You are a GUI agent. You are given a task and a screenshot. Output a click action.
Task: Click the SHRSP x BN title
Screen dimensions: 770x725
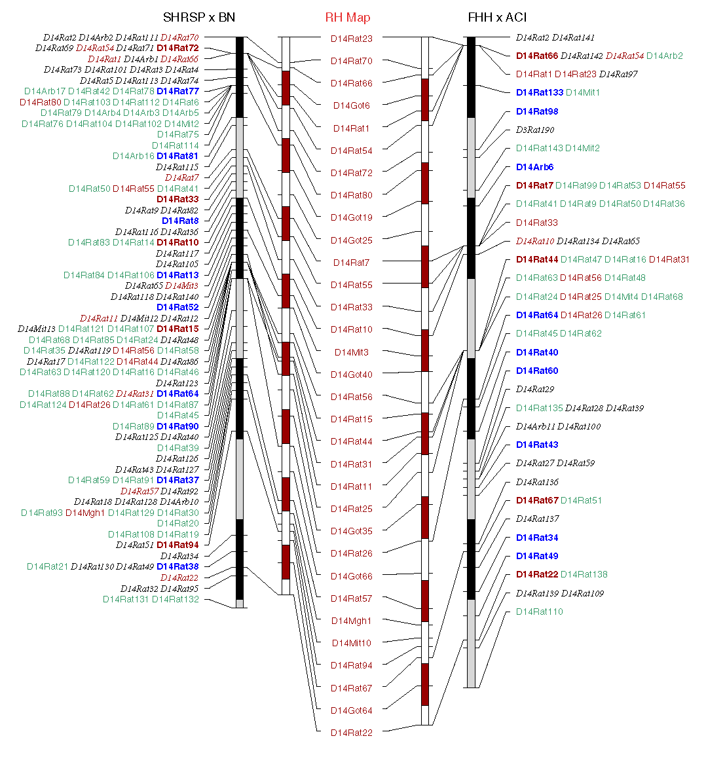click(199, 17)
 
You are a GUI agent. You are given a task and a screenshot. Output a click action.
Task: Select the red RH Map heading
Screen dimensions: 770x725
click(348, 18)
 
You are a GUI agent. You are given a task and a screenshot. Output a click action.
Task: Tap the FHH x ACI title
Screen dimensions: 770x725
click(497, 17)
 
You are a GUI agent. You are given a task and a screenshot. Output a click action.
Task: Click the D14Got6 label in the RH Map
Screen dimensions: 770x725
click(352, 105)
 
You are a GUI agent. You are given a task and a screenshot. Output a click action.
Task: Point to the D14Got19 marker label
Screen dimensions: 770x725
click(352, 217)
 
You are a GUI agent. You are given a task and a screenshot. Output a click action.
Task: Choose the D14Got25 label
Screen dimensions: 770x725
click(352, 240)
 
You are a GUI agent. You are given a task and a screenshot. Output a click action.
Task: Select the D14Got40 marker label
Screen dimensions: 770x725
click(352, 375)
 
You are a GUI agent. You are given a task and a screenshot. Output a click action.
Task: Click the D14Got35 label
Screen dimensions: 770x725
click(352, 531)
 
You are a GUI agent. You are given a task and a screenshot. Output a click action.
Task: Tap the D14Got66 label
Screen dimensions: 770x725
click(352, 576)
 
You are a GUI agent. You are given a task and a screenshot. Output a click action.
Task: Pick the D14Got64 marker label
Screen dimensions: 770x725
click(352, 710)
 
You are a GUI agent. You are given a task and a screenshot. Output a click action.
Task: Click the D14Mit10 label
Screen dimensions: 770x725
click(352, 643)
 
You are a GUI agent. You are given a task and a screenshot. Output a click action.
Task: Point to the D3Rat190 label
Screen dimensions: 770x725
click(535, 130)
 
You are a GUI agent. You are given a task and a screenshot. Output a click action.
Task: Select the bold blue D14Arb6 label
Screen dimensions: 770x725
click(534, 167)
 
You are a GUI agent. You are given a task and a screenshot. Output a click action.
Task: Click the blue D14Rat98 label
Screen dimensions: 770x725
click(537, 111)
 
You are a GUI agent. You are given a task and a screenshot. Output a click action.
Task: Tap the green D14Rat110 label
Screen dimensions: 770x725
click(540, 612)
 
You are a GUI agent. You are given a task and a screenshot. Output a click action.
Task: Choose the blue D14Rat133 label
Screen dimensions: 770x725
click(540, 92)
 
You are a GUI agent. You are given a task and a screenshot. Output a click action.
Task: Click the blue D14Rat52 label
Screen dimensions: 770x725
click(177, 307)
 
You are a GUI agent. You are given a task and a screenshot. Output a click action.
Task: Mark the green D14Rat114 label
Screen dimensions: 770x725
click(176, 145)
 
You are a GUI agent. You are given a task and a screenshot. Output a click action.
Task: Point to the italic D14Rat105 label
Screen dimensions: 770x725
click(177, 264)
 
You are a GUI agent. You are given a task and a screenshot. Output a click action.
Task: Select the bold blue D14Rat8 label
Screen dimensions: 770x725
click(180, 221)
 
